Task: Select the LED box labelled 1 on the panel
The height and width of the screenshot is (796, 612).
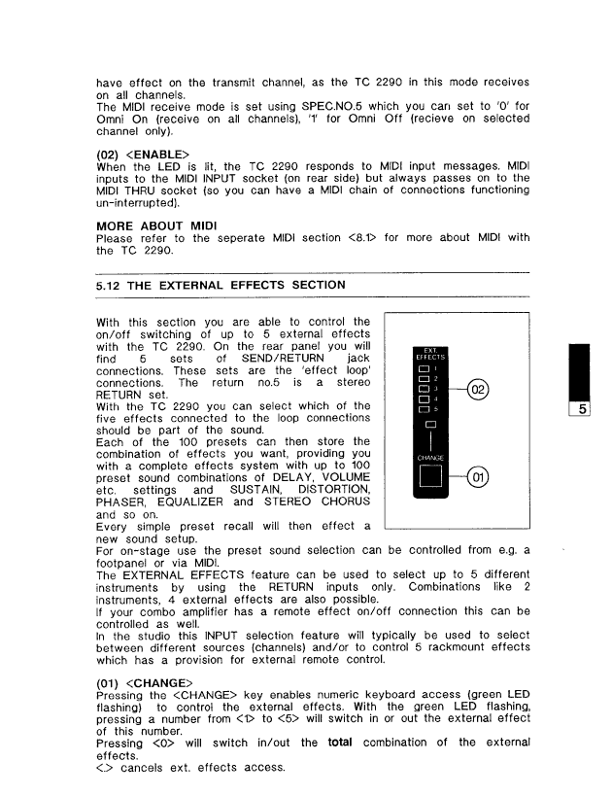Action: [x=424, y=369]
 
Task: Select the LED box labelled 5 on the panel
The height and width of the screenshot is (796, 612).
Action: [x=424, y=409]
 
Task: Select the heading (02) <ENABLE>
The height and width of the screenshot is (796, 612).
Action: [x=143, y=154]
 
